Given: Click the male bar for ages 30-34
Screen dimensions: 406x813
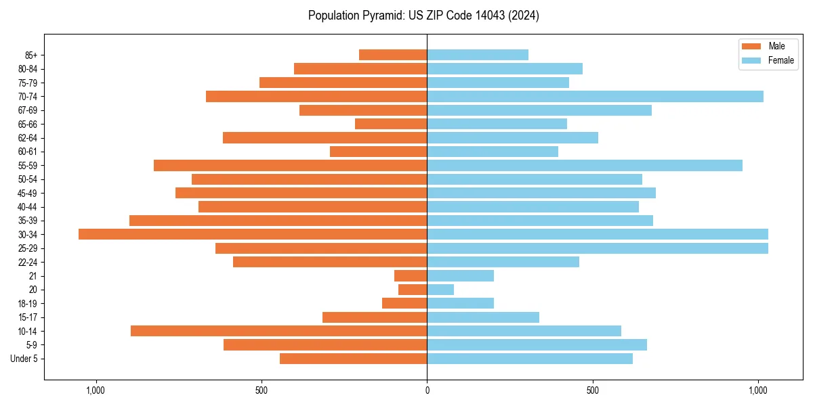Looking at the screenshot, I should coord(253,234).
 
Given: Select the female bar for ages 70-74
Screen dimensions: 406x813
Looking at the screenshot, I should coord(595,97).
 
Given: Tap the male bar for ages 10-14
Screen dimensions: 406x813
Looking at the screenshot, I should coord(278,331).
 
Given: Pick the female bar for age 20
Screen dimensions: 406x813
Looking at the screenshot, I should coord(440,290).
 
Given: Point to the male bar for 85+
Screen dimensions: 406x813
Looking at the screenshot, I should coord(393,55).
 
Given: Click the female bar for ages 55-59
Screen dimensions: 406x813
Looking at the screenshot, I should coord(585,165).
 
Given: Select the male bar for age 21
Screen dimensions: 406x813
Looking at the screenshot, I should coord(411,276).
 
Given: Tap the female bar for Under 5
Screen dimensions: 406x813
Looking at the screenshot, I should coord(530,359).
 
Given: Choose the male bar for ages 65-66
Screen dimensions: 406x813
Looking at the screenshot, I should coord(391,124).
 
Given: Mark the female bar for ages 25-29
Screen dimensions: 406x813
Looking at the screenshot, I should coord(598,248).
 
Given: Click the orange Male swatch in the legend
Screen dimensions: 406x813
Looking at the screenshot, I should coord(751,46).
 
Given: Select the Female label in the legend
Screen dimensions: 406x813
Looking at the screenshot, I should coord(780,60).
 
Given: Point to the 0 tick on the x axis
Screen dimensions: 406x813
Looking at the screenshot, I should coord(427,390).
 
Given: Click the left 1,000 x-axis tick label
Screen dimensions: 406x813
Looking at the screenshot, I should coord(96,390).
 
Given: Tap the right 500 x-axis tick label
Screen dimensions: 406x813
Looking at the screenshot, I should coord(593,390).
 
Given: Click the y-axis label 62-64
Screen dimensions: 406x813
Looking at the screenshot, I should coord(28,138).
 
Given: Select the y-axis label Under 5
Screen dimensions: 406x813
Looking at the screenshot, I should coord(24,359).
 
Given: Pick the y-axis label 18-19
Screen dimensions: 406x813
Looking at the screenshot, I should coord(28,304).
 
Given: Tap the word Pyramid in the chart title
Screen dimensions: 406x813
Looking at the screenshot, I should coord(379,16).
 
